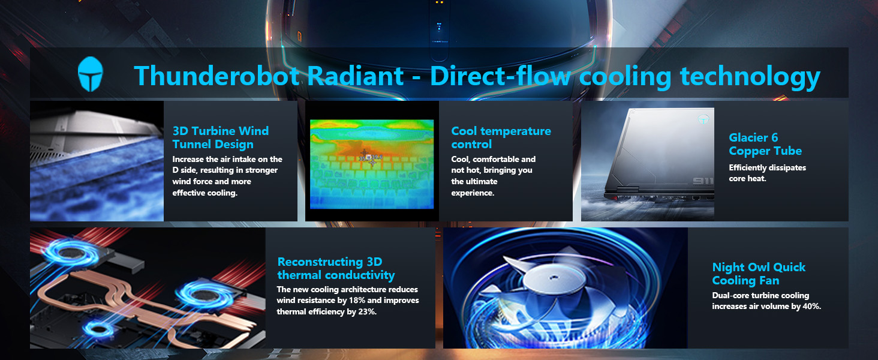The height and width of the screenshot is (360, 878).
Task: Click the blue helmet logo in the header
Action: coord(91,74)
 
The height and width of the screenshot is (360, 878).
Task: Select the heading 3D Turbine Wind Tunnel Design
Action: coord(221,137)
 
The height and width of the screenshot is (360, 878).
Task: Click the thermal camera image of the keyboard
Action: coord(372,164)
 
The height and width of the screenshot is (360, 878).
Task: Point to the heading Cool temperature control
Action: coord(501,137)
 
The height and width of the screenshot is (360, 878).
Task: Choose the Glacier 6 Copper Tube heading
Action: coord(765,144)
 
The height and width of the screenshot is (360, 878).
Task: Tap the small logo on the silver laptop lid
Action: coord(703,119)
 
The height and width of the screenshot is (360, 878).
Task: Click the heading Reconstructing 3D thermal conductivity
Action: coord(336,268)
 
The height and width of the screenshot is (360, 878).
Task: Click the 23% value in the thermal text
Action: coord(367,312)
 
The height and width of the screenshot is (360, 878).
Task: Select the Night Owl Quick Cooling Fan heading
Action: coord(759,274)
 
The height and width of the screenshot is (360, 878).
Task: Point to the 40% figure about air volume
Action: coord(812,306)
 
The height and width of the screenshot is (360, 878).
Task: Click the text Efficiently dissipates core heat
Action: coord(768,173)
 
